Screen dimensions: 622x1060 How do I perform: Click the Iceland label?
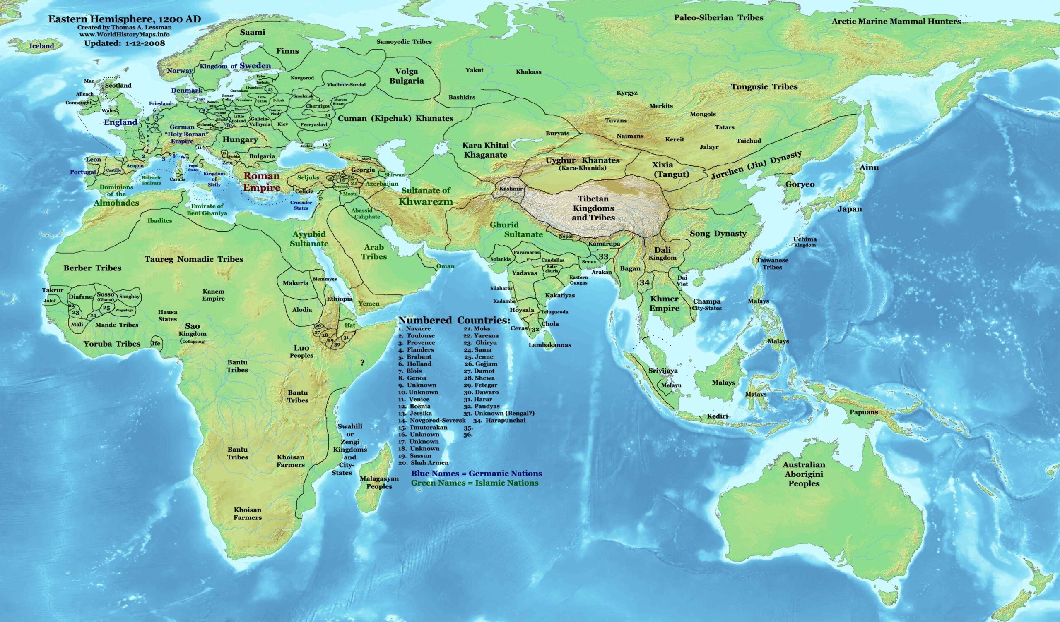pyautogui.click(x=42, y=46)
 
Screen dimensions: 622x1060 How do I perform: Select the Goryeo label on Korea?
pyautogui.click(x=800, y=184)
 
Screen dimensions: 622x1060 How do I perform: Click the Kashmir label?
pyautogui.click(x=510, y=189)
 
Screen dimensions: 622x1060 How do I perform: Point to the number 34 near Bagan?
pyautogui.click(x=644, y=283)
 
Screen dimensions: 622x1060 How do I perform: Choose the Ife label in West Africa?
pyautogui.click(x=156, y=343)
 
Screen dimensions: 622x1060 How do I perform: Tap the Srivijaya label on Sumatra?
pyautogui.click(x=663, y=371)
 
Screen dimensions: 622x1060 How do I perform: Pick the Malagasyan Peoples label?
pyautogui.click(x=379, y=483)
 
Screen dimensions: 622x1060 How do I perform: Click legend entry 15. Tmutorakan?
pyautogui.click(x=423, y=427)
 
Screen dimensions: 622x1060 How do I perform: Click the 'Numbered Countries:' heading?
pyautogui.click(x=454, y=320)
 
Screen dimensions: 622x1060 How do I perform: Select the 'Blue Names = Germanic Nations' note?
pyautogui.click(x=476, y=473)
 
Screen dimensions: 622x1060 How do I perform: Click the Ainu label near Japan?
pyautogui.click(x=870, y=167)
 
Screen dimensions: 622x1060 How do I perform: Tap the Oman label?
pyautogui.click(x=445, y=266)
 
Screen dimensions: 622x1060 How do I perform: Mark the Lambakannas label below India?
pyautogui.click(x=550, y=344)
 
